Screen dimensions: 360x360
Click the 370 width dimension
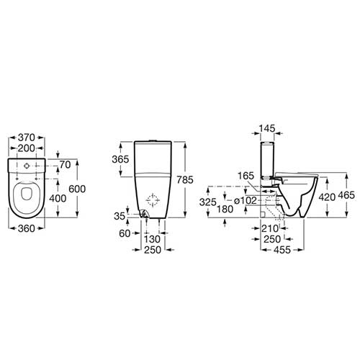[x=27, y=138]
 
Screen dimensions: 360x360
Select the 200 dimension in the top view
[x=27, y=148]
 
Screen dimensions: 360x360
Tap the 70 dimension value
[x=65, y=165]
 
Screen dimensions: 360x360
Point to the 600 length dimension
[x=77, y=189]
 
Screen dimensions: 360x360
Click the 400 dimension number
[x=58, y=199]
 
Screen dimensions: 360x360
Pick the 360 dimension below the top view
[x=27, y=228]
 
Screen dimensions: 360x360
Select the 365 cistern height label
[x=120, y=159]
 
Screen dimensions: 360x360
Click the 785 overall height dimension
[x=185, y=180]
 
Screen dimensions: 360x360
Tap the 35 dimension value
[x=120, y=216]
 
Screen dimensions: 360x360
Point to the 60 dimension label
[x=125, y=233]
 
